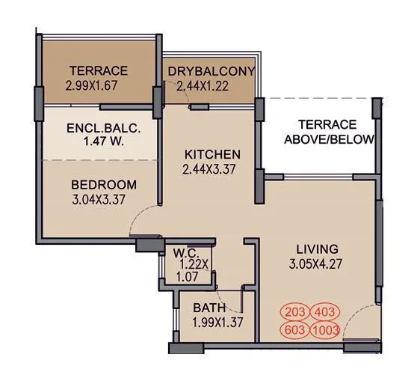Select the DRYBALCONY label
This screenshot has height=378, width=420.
(x=211, y=71)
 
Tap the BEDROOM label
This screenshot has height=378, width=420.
(x=103, y=185)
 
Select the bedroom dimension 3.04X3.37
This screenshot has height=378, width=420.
(x=103, y=200)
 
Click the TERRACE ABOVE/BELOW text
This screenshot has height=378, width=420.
(x=327, y=132)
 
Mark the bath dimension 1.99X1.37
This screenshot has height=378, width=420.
(x=209, y=322)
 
